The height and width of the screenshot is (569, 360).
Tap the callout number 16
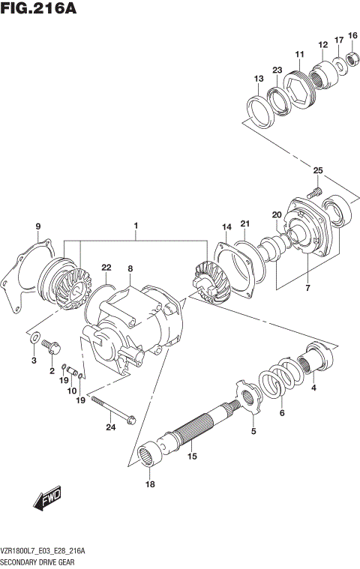352,35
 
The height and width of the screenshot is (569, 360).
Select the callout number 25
318,172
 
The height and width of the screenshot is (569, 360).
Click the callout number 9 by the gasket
37,225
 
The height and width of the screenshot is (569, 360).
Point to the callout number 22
106,268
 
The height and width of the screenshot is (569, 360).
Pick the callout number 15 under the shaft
191,456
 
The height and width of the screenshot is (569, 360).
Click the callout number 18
150,485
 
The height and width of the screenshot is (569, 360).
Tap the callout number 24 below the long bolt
111,428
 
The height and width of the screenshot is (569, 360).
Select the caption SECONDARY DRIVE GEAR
41,560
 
